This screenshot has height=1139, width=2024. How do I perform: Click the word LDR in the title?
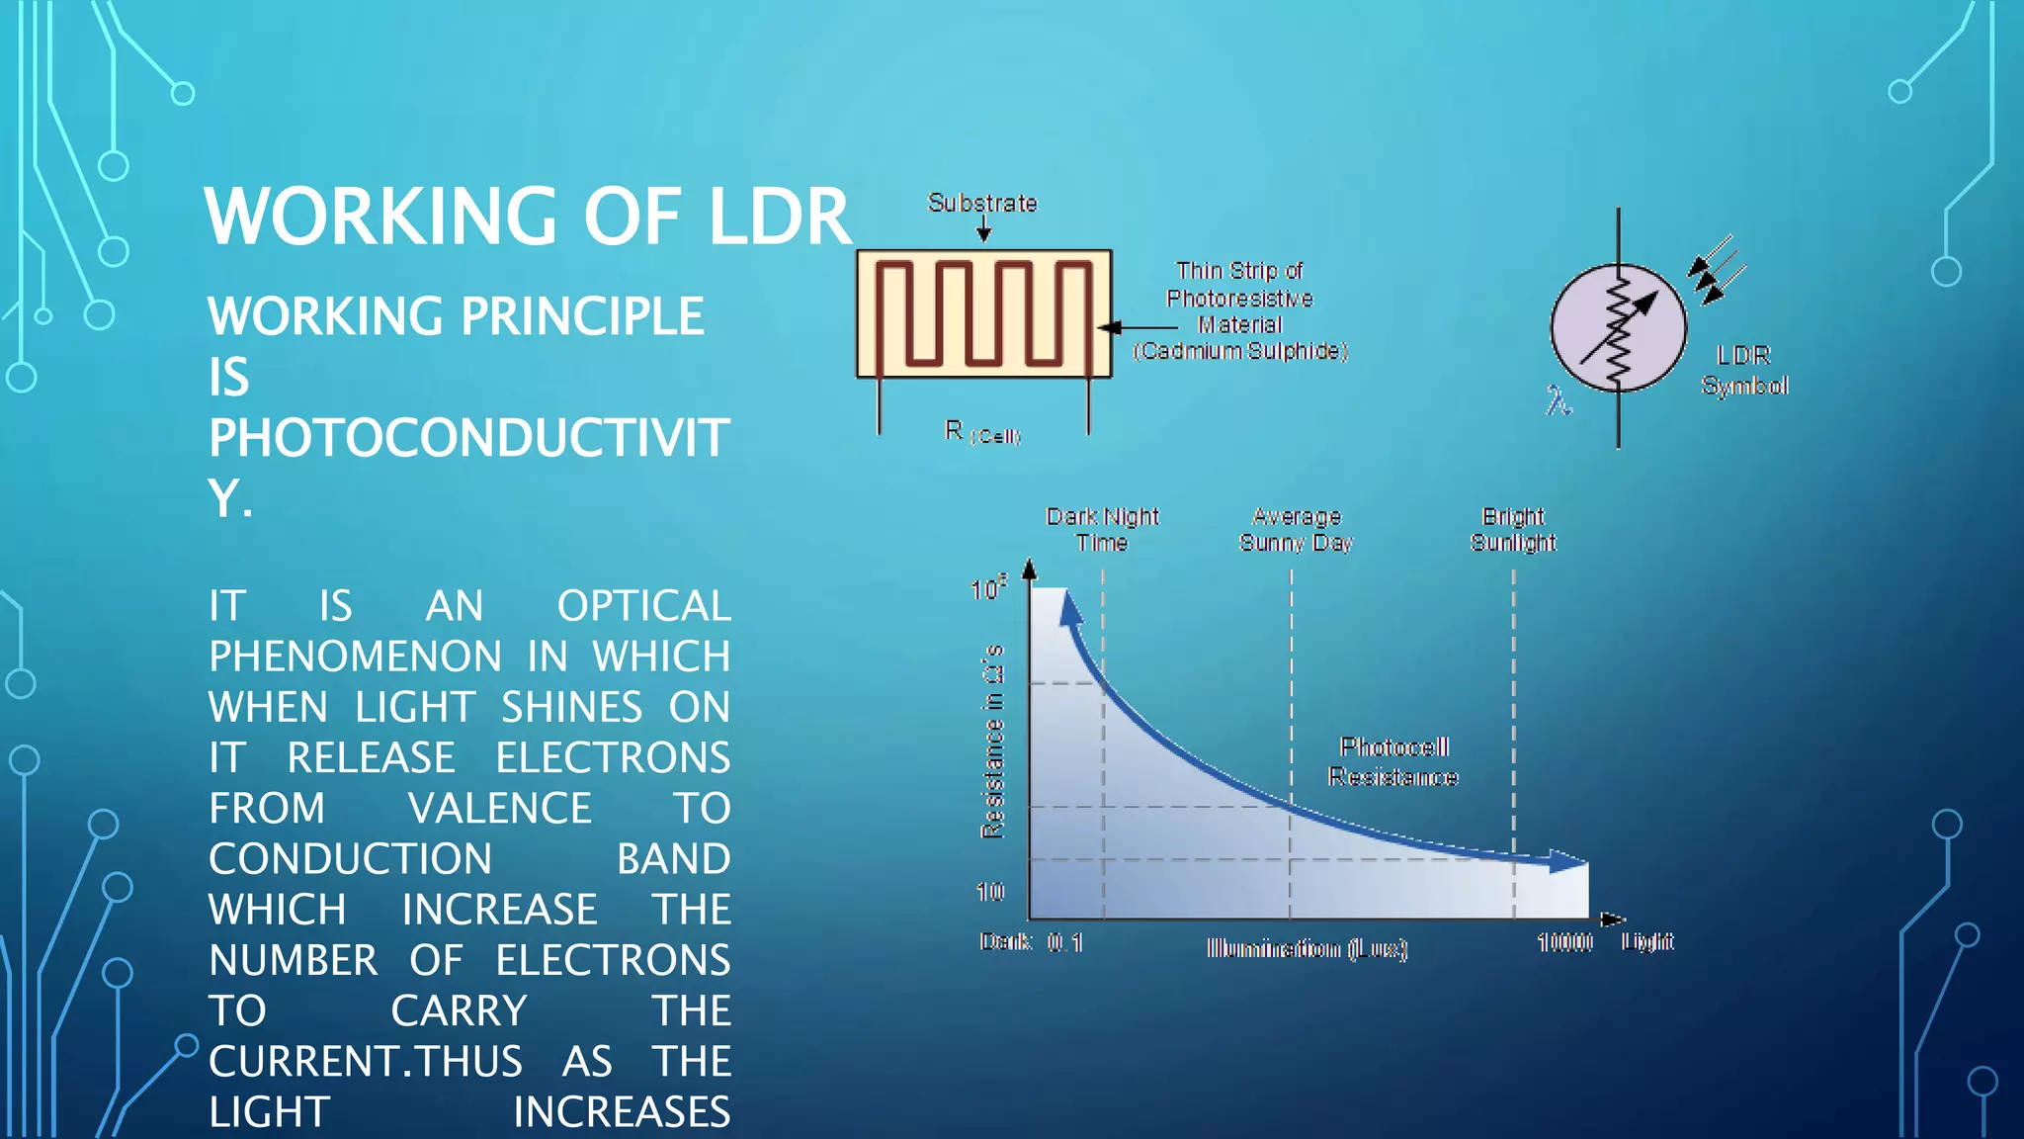tap(780, 217)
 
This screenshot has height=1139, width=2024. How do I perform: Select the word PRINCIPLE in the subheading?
tap(582, 316)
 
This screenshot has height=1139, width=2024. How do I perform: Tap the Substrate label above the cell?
tap(982, 203)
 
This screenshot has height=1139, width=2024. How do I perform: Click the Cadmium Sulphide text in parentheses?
tap(1240, 351)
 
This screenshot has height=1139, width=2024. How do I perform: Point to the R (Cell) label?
tap(981, 432)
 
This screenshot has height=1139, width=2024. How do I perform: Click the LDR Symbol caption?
tap(1744, 370)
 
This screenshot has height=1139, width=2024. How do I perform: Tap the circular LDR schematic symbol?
tap(1618, 327)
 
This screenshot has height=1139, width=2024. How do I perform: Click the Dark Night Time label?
tap(1102, 529)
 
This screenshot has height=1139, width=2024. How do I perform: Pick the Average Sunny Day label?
tap(1296, 529)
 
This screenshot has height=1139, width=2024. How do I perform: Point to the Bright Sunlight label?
tap(1513, 529)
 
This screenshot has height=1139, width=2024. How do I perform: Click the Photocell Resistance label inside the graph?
tap(1393, 761)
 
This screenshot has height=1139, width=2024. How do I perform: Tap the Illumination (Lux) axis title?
tap(1307, 949)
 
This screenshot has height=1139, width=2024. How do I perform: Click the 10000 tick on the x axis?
tap(1564, 942)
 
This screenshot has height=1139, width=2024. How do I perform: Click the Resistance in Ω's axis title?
tap(992, 742)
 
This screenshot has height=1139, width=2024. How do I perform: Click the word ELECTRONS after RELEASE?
tap(612, 758)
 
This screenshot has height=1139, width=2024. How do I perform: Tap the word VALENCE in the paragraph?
tap(499, 809)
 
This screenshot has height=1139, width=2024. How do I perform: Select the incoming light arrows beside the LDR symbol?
tap(1718, 268)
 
